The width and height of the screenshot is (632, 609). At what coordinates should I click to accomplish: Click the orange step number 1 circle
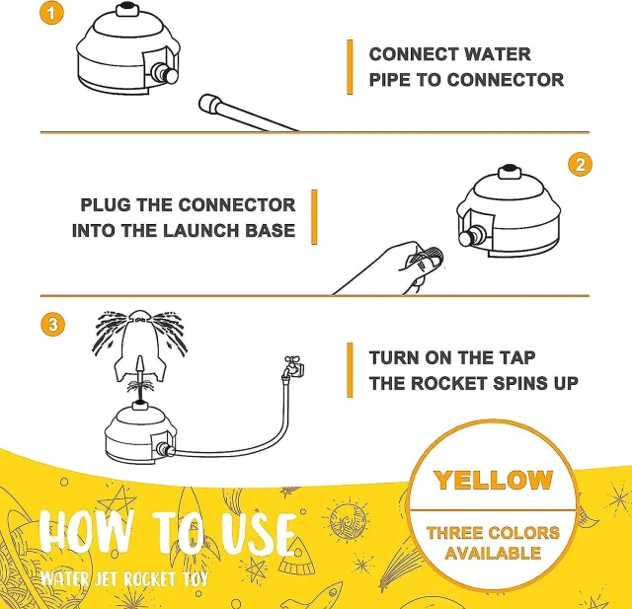[51, 13]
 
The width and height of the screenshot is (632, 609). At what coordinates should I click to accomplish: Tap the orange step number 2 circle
[580, 164]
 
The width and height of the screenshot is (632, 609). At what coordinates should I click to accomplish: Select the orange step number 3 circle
[52, 324]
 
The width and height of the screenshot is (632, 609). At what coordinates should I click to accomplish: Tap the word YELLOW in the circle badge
[493, 480]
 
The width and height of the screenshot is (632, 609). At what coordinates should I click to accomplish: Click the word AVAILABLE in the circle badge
[493, 553]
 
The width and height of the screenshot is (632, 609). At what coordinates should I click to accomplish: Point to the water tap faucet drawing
[293, 367]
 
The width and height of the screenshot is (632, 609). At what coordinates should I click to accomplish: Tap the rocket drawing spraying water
[139, 345]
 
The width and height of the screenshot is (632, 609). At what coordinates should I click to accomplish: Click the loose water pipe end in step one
[208, 104]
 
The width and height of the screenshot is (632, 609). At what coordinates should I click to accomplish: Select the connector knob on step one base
[165, 73]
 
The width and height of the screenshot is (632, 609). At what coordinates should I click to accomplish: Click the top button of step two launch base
[510, 171]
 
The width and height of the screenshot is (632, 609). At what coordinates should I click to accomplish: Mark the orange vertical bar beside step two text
[314, 217]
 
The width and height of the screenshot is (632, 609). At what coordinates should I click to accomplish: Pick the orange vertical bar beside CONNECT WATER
[350, 67]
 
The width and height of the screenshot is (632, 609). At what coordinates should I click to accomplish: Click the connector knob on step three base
[165, 449]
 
